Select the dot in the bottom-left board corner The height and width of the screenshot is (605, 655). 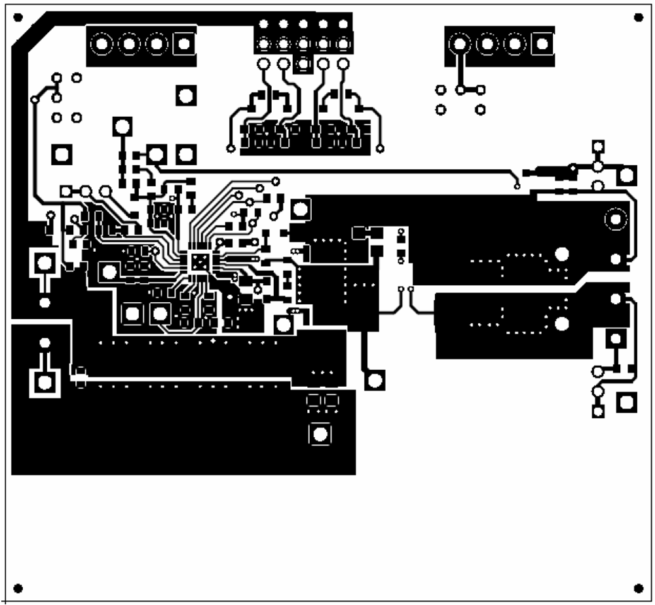18,587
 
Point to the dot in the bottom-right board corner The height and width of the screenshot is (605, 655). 638,588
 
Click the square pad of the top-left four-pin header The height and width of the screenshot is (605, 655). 184,45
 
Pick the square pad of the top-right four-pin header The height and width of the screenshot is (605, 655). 542,44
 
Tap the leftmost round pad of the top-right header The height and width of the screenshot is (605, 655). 460,44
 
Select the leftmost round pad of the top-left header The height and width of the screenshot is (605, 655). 102,45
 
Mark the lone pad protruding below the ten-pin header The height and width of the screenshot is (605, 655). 303,64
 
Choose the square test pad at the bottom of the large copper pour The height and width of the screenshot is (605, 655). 320,433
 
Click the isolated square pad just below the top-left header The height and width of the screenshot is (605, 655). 186,95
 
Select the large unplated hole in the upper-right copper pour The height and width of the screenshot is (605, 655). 561,254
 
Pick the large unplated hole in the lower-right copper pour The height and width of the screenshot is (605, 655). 561,323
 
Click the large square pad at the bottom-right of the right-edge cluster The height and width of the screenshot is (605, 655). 627,402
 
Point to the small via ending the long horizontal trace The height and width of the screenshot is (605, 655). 516,187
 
